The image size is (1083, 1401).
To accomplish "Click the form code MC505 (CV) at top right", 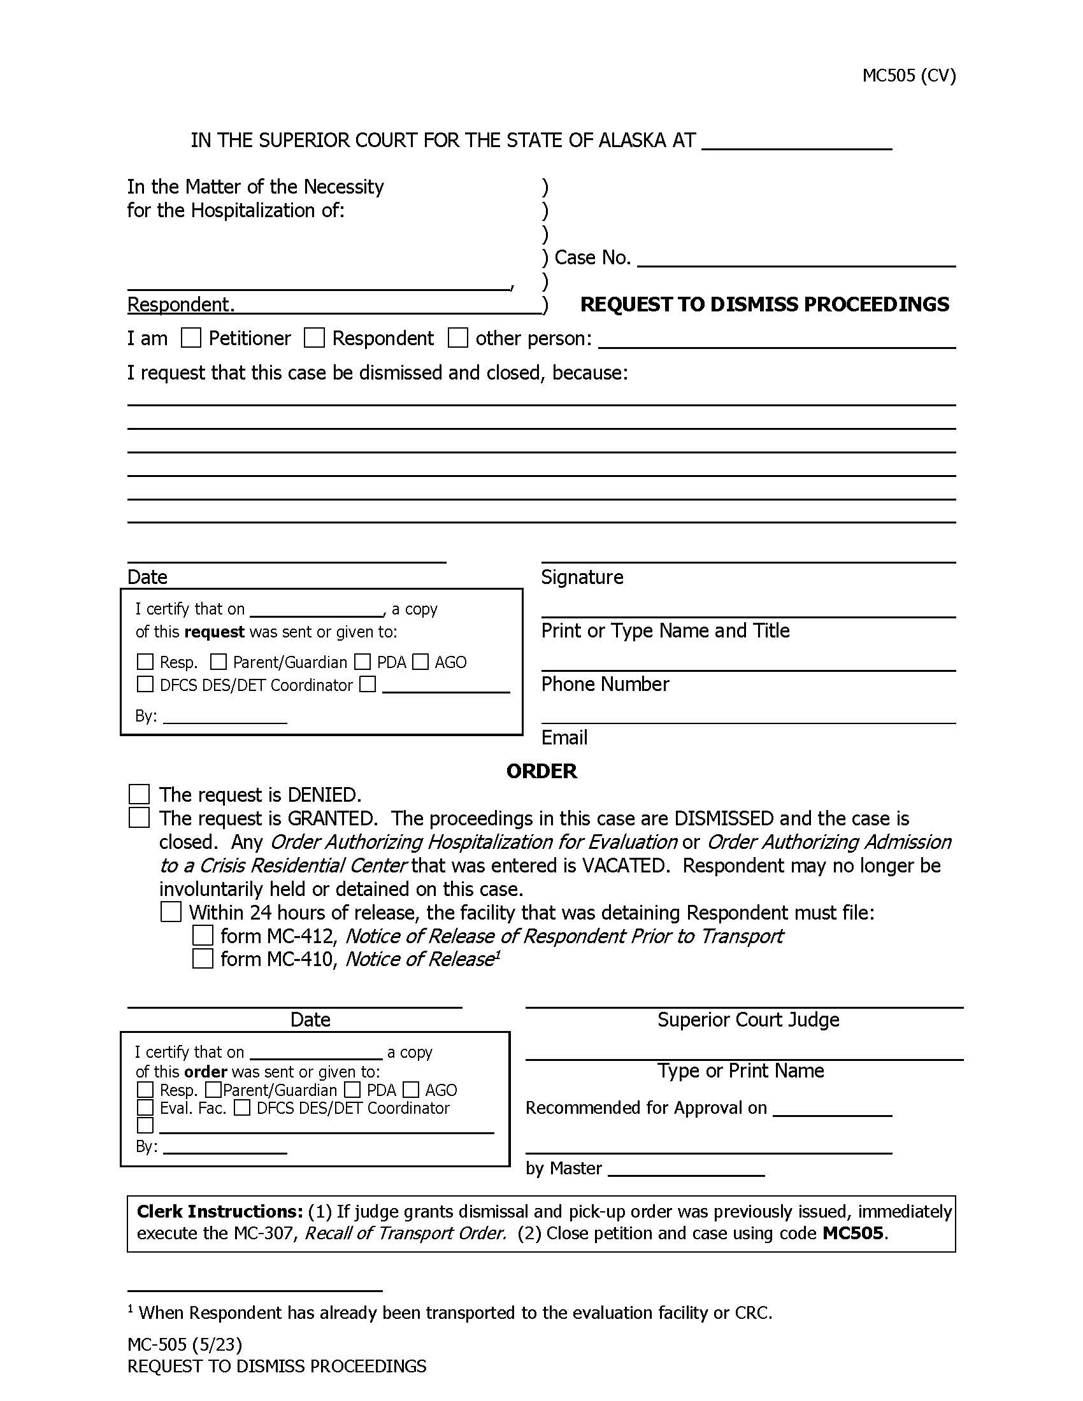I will click(908, 76).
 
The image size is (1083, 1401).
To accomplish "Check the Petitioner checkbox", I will click(191, 338).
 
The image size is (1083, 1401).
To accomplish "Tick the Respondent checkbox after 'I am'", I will click(313, 338).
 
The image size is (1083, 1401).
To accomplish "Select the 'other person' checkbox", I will click(457, 338).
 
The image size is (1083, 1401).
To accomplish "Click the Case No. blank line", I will click(796, 259).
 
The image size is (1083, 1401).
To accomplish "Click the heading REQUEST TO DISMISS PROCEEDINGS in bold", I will click(764, 304).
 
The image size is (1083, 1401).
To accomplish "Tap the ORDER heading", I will click(541, 771).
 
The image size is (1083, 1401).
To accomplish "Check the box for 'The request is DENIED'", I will click(140, 794).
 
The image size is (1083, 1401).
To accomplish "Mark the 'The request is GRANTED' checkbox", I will click(140, 818).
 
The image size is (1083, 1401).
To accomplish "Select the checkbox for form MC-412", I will click(203, 935).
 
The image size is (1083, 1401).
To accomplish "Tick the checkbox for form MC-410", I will click(203, 959).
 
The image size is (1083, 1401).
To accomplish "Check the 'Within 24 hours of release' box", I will click(171, 912).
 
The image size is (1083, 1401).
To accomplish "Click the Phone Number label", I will click(605, 684).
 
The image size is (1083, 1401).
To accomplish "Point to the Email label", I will click(564, 737).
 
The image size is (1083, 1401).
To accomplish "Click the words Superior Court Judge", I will click(748, 1020).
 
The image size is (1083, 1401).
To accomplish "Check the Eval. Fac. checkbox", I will click(146, 1108).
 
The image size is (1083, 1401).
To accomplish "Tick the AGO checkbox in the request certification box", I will click(420, 662).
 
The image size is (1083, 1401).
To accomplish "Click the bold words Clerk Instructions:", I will click(219, 1211).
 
